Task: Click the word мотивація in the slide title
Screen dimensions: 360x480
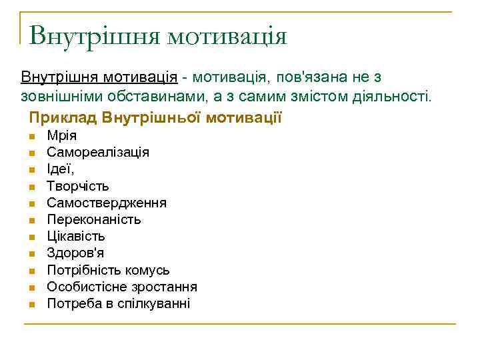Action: click(x=227, y=35)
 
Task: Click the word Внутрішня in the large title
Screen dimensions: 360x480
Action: click(x=94, y=35)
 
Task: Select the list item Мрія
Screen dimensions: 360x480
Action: click(x=61, y=136)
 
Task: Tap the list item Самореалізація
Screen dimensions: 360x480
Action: click(x=98, y=153)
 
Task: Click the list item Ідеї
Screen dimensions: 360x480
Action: click(x=60, y=169)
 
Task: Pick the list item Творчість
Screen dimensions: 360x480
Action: click(x=78, y=186)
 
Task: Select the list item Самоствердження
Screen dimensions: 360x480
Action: click(x=107, y=203)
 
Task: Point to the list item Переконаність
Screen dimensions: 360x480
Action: click(x=94, y=219)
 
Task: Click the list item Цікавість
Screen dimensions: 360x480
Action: click(x=76, y=236)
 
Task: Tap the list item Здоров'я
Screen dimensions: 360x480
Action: click(x=75, y=253)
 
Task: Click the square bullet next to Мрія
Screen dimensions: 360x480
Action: click(x=31, y=137)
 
